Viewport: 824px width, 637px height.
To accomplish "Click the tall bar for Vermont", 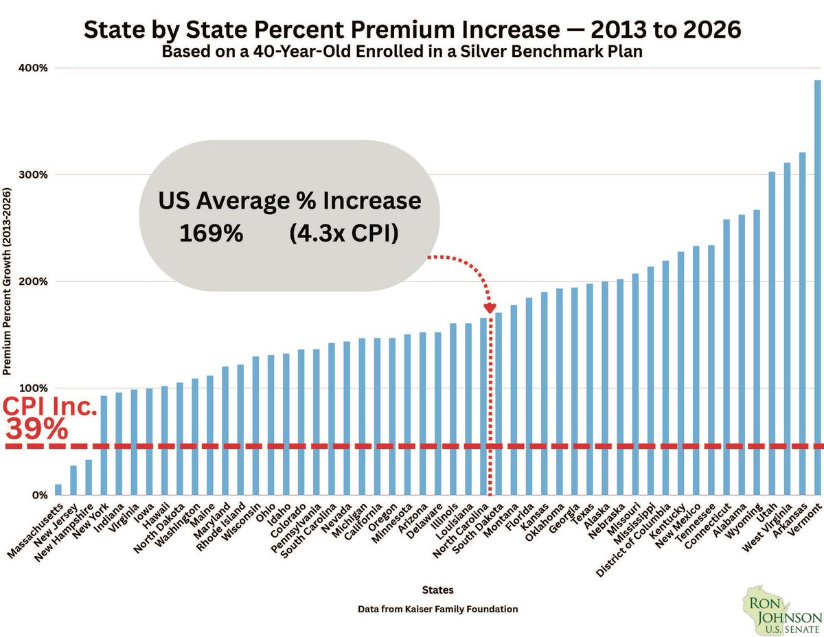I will [817, 288].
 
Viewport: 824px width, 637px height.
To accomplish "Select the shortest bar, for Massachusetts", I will [58, 489].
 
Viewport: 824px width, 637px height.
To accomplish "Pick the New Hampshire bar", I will [89, 477].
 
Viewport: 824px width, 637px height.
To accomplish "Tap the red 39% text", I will [37, 430].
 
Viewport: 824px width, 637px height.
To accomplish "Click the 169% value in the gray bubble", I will [211, 233].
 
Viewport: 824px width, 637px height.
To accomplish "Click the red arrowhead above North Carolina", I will [490, 309].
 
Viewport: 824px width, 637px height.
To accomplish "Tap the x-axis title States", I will [437, 590].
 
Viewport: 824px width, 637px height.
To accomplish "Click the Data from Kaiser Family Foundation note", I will [437, 609].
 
